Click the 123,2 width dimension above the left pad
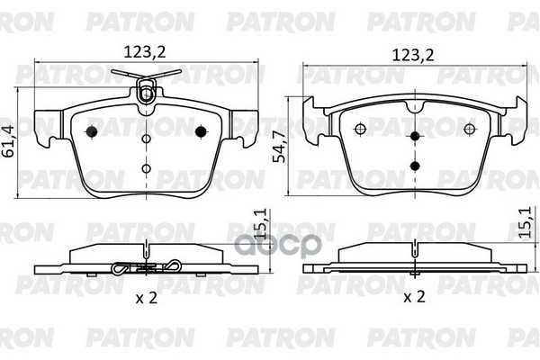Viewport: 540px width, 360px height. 145,52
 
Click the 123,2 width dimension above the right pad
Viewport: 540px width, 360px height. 413,55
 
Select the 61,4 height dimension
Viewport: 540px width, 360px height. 8,141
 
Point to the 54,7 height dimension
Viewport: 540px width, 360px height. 279,146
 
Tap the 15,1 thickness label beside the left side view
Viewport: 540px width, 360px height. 262,224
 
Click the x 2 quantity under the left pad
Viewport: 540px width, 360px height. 147,297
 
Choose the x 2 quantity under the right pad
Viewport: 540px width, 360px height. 414,297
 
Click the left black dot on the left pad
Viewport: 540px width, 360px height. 92,131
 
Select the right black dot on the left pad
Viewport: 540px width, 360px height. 201,131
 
